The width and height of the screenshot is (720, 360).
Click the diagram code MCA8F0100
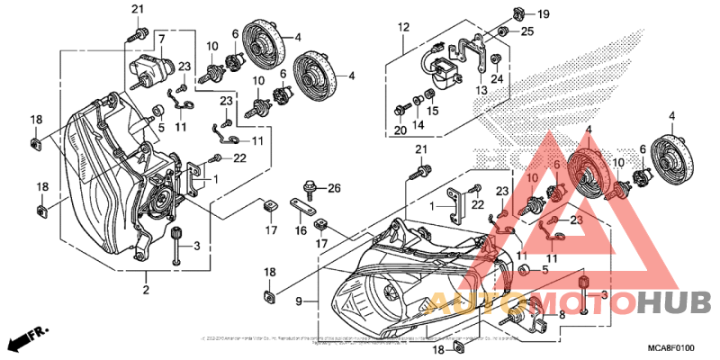(671, 346)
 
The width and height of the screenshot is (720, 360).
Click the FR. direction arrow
(27, 340)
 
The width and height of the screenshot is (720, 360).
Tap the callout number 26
(335, 188)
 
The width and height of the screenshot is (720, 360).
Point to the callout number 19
(543, 14)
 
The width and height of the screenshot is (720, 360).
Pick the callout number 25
(526, 31)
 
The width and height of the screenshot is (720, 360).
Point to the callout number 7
(161, 39)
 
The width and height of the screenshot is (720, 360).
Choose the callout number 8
(562, 314)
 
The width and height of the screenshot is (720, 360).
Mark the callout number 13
(482, 90)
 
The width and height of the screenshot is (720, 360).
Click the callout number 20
(400, 130)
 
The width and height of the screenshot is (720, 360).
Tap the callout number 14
(417, 124)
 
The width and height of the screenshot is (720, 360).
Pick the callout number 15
(433, 111)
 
